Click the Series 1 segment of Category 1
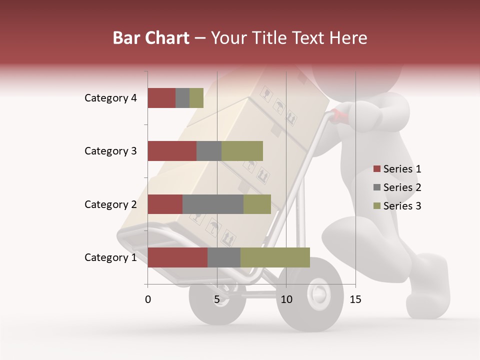[x=177, y=257]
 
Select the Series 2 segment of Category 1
[x=224, y=257]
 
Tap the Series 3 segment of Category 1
[x=275, y=257]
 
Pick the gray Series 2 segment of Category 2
[x=213, y=204]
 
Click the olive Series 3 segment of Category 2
[x=257, y=204]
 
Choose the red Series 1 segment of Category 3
[x=172, y=151]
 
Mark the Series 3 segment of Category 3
[x=242, y=151]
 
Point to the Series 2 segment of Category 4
[x=182, y=98]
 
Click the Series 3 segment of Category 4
[x=196, y=98]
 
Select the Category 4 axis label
[x=110, y=98]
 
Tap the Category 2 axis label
[x=110, y=204]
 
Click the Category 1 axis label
[x=110, y=257]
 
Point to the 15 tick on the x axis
[x=355, y=299]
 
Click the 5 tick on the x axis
[x=217, y=299]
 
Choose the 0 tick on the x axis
[x=148, y=299]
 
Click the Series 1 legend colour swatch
[x=376, y=169]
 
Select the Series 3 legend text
[x=402, y=206]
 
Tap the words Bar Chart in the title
[x=151, y=38]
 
